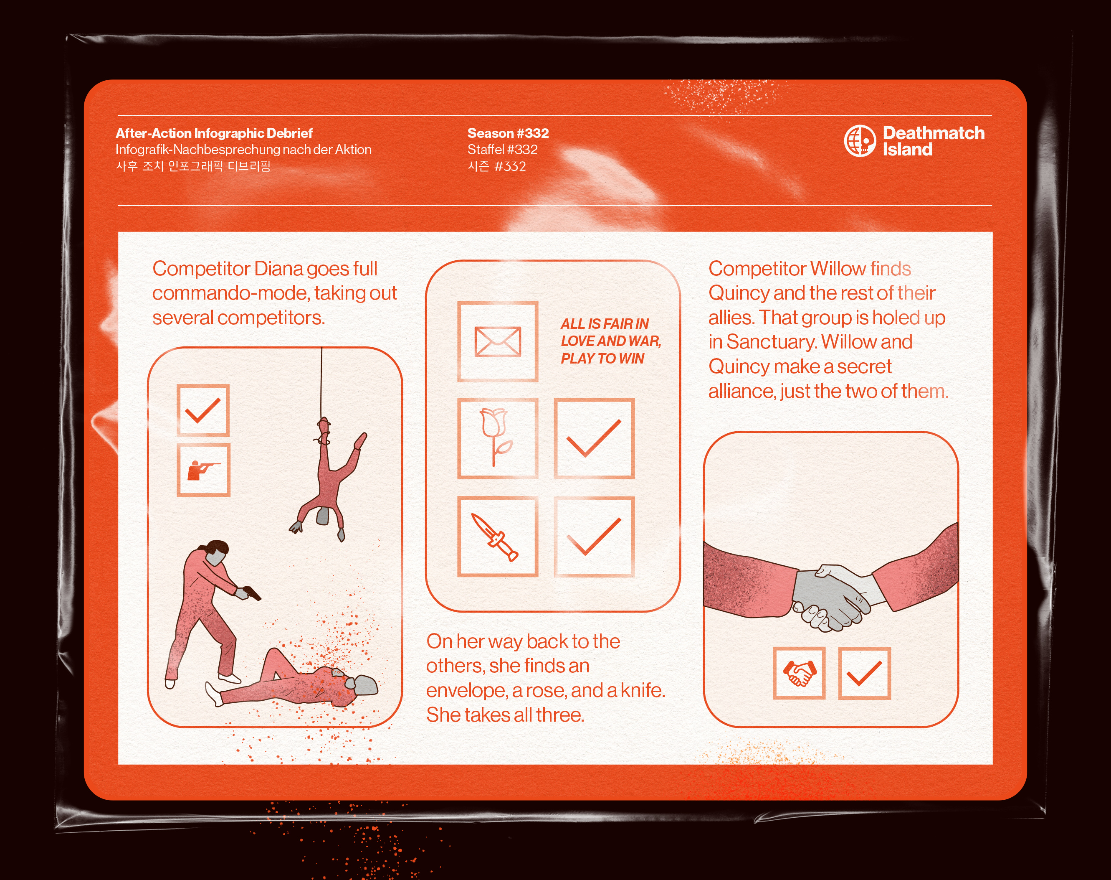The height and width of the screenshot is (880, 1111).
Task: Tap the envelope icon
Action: tap(497, 341)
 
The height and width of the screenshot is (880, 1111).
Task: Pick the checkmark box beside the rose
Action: tap(594, 438)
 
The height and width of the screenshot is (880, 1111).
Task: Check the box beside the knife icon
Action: tap(594, 537)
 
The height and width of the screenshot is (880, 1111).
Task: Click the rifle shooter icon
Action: tap(203, 470)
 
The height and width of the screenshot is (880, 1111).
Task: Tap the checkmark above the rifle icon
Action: tap(203, 410)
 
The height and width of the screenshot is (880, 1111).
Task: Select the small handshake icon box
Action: tap(799, 673)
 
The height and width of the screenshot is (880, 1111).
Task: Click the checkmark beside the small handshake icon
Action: tap(864, 673)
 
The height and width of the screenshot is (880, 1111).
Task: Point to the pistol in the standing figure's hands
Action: tap(252, 593)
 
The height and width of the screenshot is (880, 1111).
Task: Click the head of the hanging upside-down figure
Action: tap(323, 516)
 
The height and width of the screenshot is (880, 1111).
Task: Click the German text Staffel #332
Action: tap(502, 150)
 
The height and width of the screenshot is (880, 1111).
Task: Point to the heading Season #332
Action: tap(508, 133)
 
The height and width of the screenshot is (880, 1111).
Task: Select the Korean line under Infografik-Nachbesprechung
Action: tap(193, 166)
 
